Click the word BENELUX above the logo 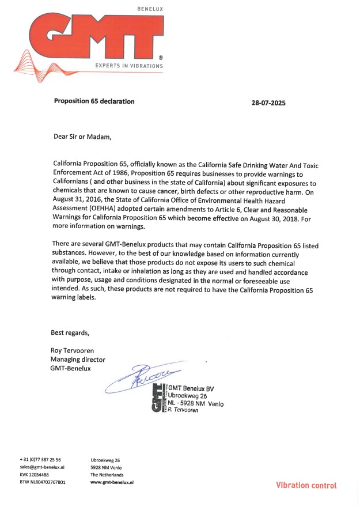(x=150, y=9)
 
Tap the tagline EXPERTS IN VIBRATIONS (x=129, y=66)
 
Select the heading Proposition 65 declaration (x=94, y=101)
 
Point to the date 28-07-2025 (x=268, y=104)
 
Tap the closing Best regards (x=70, y=332)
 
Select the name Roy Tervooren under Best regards (x=73, y=351)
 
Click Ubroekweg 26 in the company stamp (x=188, y=396)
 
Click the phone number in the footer (x=40, y=460)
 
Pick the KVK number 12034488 (x=35, y=475)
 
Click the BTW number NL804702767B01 (x=43, y=482)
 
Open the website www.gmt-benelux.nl (x=112, y=482)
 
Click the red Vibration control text (x=306, y=485)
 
